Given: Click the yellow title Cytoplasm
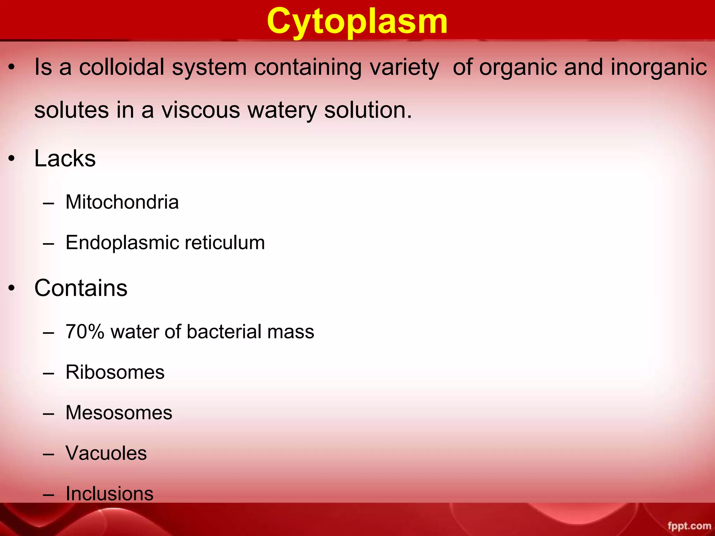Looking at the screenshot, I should pos(357,22).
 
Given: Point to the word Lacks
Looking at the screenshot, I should pos(65,159).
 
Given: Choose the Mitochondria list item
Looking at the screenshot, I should pos(122,202).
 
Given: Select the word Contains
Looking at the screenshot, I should pos(81,288).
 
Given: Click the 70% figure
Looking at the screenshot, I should pos(85,332).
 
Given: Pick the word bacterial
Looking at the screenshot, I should pos(224,332).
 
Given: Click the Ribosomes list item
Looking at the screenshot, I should pos(115,372).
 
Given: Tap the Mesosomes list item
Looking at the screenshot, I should pos(119,412).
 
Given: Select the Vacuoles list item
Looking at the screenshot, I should pos(106,453).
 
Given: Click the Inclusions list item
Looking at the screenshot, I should pos(109,493).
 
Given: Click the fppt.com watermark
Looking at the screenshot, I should pos(689,526).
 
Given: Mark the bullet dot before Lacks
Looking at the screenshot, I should pos(12,159).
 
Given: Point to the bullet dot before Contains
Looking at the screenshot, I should pos(12,289).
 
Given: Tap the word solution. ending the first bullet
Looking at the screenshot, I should pos(368,110).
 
